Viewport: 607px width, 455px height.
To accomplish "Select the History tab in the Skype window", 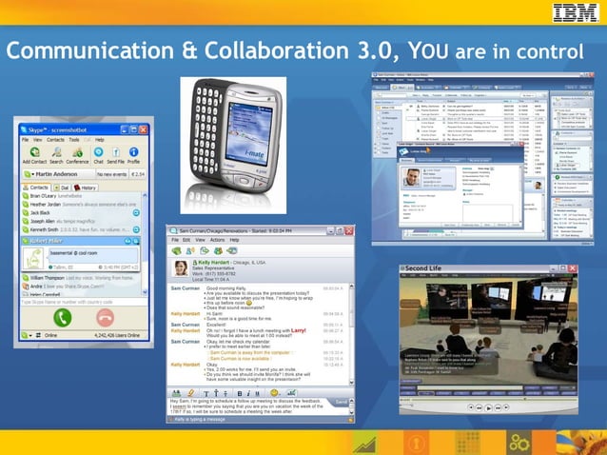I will click(x=86, y=188).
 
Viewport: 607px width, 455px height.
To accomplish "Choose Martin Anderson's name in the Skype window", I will click(x=59, y=174).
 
